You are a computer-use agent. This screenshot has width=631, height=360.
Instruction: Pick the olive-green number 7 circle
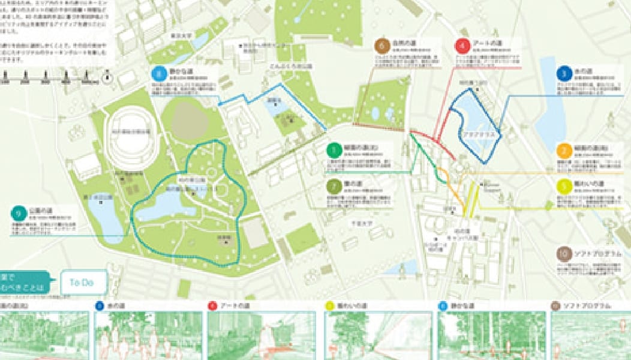pos(334,186)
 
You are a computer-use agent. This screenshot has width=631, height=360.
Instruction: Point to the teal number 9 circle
pos(19,213)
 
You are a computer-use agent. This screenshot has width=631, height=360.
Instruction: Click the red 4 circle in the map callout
pos(462,46)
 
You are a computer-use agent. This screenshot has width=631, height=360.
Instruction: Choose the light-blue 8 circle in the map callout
pos(158,74)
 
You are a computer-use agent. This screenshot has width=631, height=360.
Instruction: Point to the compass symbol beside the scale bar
pos(107,76)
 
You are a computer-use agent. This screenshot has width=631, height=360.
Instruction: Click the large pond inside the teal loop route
pos(163,207)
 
